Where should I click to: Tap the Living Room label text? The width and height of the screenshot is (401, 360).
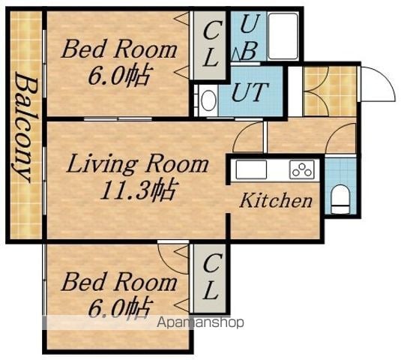point(137,165)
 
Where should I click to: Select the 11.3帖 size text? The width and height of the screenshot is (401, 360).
point(139,189)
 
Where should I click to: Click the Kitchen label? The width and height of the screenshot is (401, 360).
point(276,200)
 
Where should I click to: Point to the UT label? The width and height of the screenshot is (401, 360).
point(250,91)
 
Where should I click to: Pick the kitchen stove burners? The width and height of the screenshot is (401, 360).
point(302,169)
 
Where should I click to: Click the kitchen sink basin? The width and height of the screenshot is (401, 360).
point(251,169)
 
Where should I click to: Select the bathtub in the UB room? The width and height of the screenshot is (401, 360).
point(283,37)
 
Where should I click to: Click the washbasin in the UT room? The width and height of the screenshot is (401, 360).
point(208,100)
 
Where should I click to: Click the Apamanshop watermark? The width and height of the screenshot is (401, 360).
point(200,322)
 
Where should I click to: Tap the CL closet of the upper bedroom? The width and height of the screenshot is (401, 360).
point(210,45)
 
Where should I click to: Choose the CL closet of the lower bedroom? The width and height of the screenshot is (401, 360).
point(210,278)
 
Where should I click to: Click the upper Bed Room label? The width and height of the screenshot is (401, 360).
point(119,49)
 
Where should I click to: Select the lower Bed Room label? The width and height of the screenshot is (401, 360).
point(119,282)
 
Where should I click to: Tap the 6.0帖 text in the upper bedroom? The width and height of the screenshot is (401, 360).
point(118,76)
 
